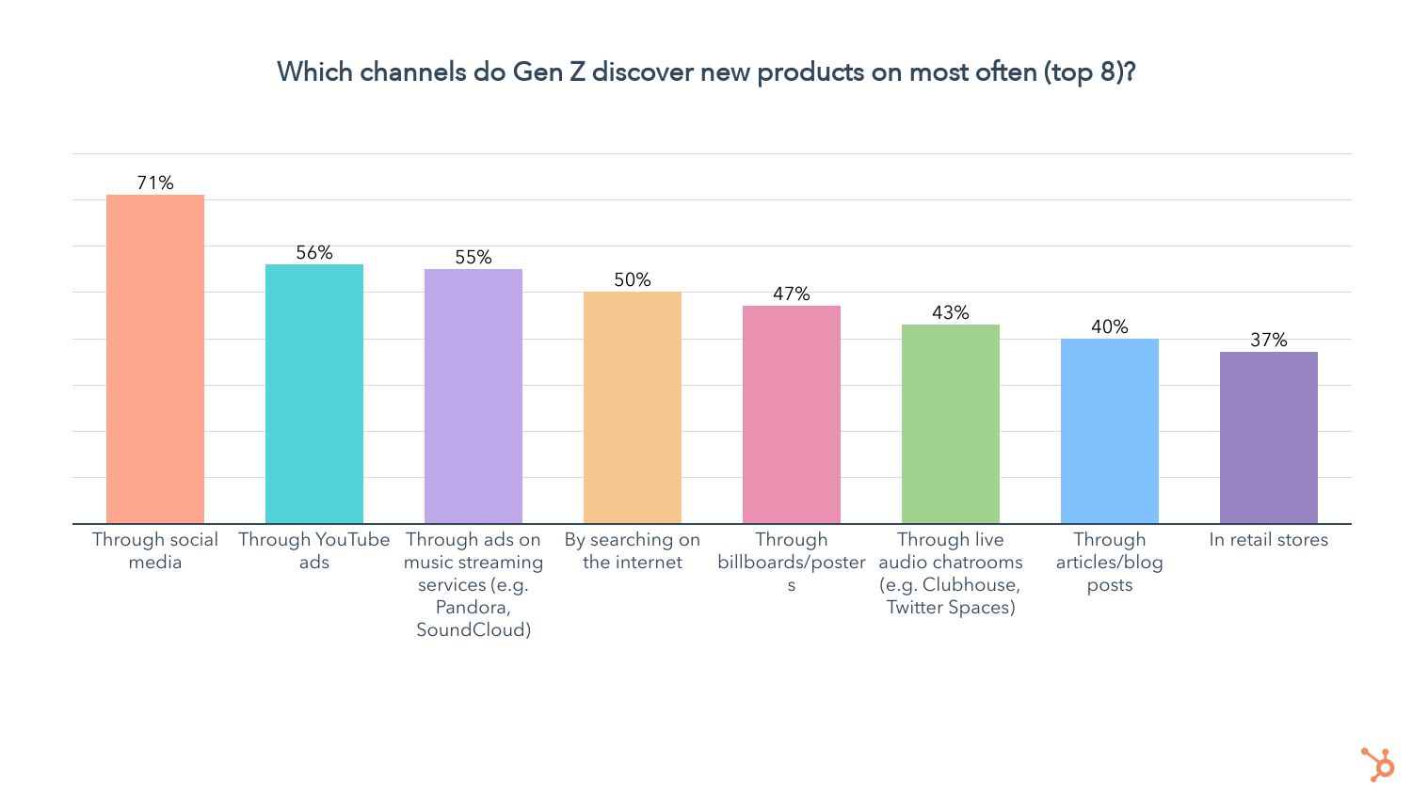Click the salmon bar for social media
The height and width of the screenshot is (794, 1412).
pos(155,359)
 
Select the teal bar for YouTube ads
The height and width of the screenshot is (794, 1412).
pos(314,394)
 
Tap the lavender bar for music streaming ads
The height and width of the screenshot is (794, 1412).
pos(473,396)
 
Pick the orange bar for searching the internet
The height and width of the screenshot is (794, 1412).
pos(633,407)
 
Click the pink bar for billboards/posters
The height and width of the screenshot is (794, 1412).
pos(792,415)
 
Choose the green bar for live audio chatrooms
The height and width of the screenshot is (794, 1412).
pos(951,424)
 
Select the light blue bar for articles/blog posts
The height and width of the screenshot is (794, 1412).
pos(1110,431)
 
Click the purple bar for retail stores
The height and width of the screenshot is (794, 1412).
pos(1269,437)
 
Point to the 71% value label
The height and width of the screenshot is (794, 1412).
pos(155,183)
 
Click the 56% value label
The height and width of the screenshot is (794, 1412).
pos(314,252)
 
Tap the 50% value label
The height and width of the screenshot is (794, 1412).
pos(633,279)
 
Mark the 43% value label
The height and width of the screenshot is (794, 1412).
pos(951,312)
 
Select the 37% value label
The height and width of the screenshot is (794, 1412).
pos(1269,340)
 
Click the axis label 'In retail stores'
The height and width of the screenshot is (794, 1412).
pos(1269,540)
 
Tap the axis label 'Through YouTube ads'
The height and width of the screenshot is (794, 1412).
pos(314,550)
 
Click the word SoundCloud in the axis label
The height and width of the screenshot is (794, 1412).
pos(473,629)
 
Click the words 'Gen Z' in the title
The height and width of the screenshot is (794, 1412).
pos(549,71)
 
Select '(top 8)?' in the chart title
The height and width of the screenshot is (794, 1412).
pos(1089,71)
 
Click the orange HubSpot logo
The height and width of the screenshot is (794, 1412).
pos(1378,764)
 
